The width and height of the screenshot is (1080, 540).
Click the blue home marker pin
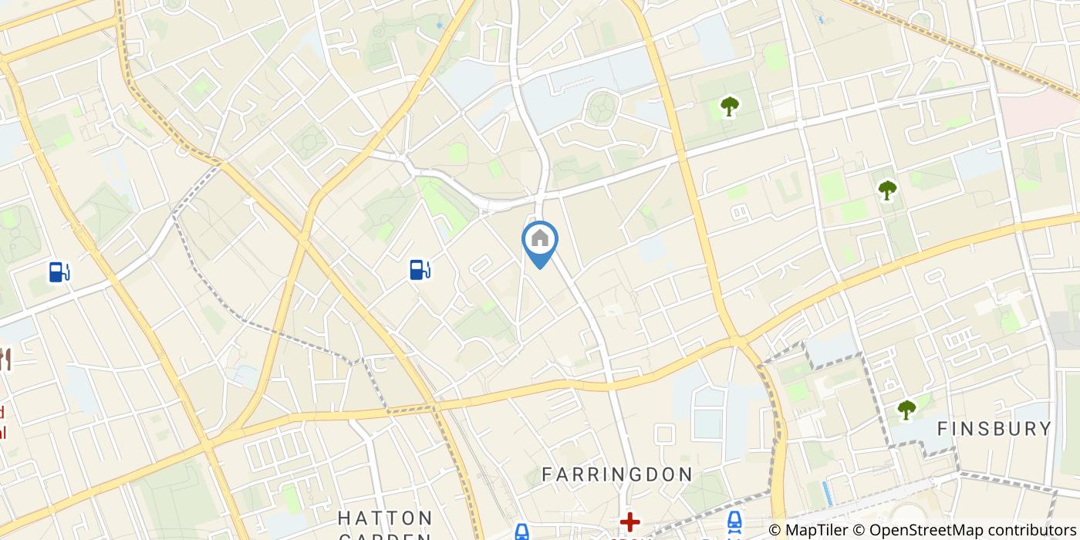(x=540, y=241)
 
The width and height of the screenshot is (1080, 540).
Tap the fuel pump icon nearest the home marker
(x=419, y=269)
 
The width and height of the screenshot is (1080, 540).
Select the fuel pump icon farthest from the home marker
(x=59, y=272)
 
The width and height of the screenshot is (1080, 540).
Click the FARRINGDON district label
(x=616, y=474)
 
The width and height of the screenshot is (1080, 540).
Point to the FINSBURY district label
(x=994, y=429)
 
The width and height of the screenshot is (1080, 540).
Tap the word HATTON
(x=385, y=517)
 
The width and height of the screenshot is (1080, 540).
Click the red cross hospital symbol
(x=629, y=523)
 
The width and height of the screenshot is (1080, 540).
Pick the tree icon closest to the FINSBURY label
(x=906, y=410)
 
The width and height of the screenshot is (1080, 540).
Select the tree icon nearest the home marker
(x=728, y=106)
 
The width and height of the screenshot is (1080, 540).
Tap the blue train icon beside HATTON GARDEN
(x=522, y=531)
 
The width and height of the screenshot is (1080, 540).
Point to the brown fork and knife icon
(x=5, y=359)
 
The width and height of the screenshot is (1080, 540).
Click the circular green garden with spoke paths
(x=599, y=108)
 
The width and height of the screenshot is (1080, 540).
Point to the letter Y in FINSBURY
(x=1045, y=429)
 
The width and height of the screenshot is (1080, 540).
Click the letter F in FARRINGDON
(x=547, y=474)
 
